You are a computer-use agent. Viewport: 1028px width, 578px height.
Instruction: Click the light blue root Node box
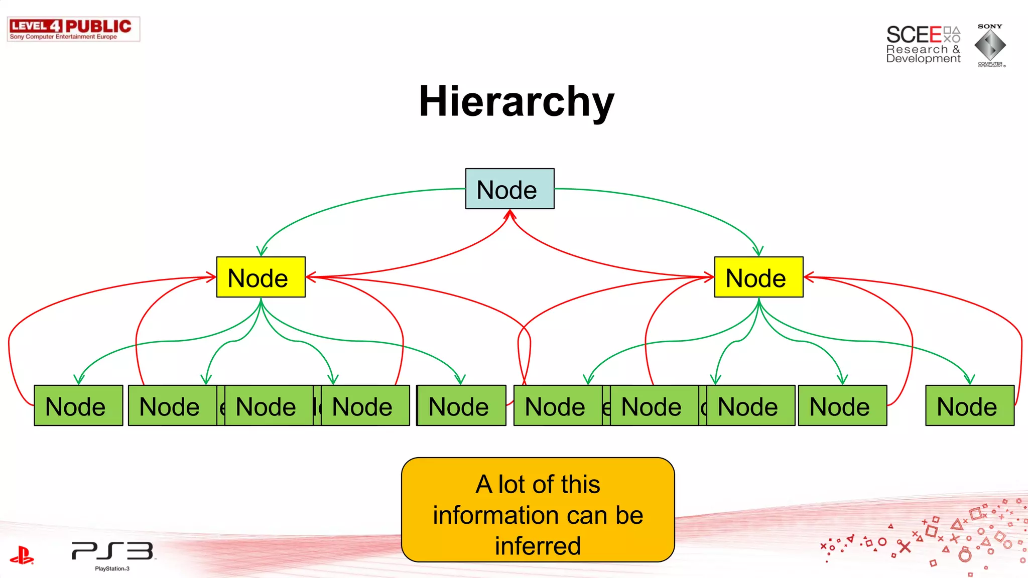(509, 189)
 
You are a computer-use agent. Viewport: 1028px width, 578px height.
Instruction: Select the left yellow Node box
(261, 277)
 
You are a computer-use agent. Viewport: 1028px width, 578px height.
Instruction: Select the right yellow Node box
(758, 277)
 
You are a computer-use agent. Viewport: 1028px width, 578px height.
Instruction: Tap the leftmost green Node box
(78, 405)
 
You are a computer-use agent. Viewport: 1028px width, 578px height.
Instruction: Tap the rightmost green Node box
(969, 405)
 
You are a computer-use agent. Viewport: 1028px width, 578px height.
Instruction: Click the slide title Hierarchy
(517, 101)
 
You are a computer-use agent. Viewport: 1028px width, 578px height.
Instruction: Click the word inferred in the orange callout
(538, 545)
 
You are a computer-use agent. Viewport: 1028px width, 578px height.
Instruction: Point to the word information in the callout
(482, 515)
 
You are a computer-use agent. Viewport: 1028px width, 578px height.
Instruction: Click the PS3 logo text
(112, 551)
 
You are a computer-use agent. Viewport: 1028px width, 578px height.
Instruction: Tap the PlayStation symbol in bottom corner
(22, 555)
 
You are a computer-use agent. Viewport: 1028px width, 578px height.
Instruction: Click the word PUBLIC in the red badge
(98, 26)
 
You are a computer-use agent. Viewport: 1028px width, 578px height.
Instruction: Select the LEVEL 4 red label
(36, 26)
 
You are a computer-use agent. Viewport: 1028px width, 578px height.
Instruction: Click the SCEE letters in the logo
(914, 35)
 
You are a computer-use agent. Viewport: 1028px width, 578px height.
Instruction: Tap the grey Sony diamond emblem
(990, 45)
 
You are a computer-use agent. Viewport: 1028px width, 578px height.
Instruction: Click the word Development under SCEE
(923, 59)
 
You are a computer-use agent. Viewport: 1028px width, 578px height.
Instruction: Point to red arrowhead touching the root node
(510, 214)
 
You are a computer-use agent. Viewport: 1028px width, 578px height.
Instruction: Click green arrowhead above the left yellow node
(262, 251)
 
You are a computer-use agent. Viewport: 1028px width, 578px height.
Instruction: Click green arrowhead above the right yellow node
(758, 251)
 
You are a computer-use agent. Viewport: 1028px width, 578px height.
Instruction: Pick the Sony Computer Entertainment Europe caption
(63, 37)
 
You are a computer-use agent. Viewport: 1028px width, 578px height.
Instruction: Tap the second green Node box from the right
(842, 405)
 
